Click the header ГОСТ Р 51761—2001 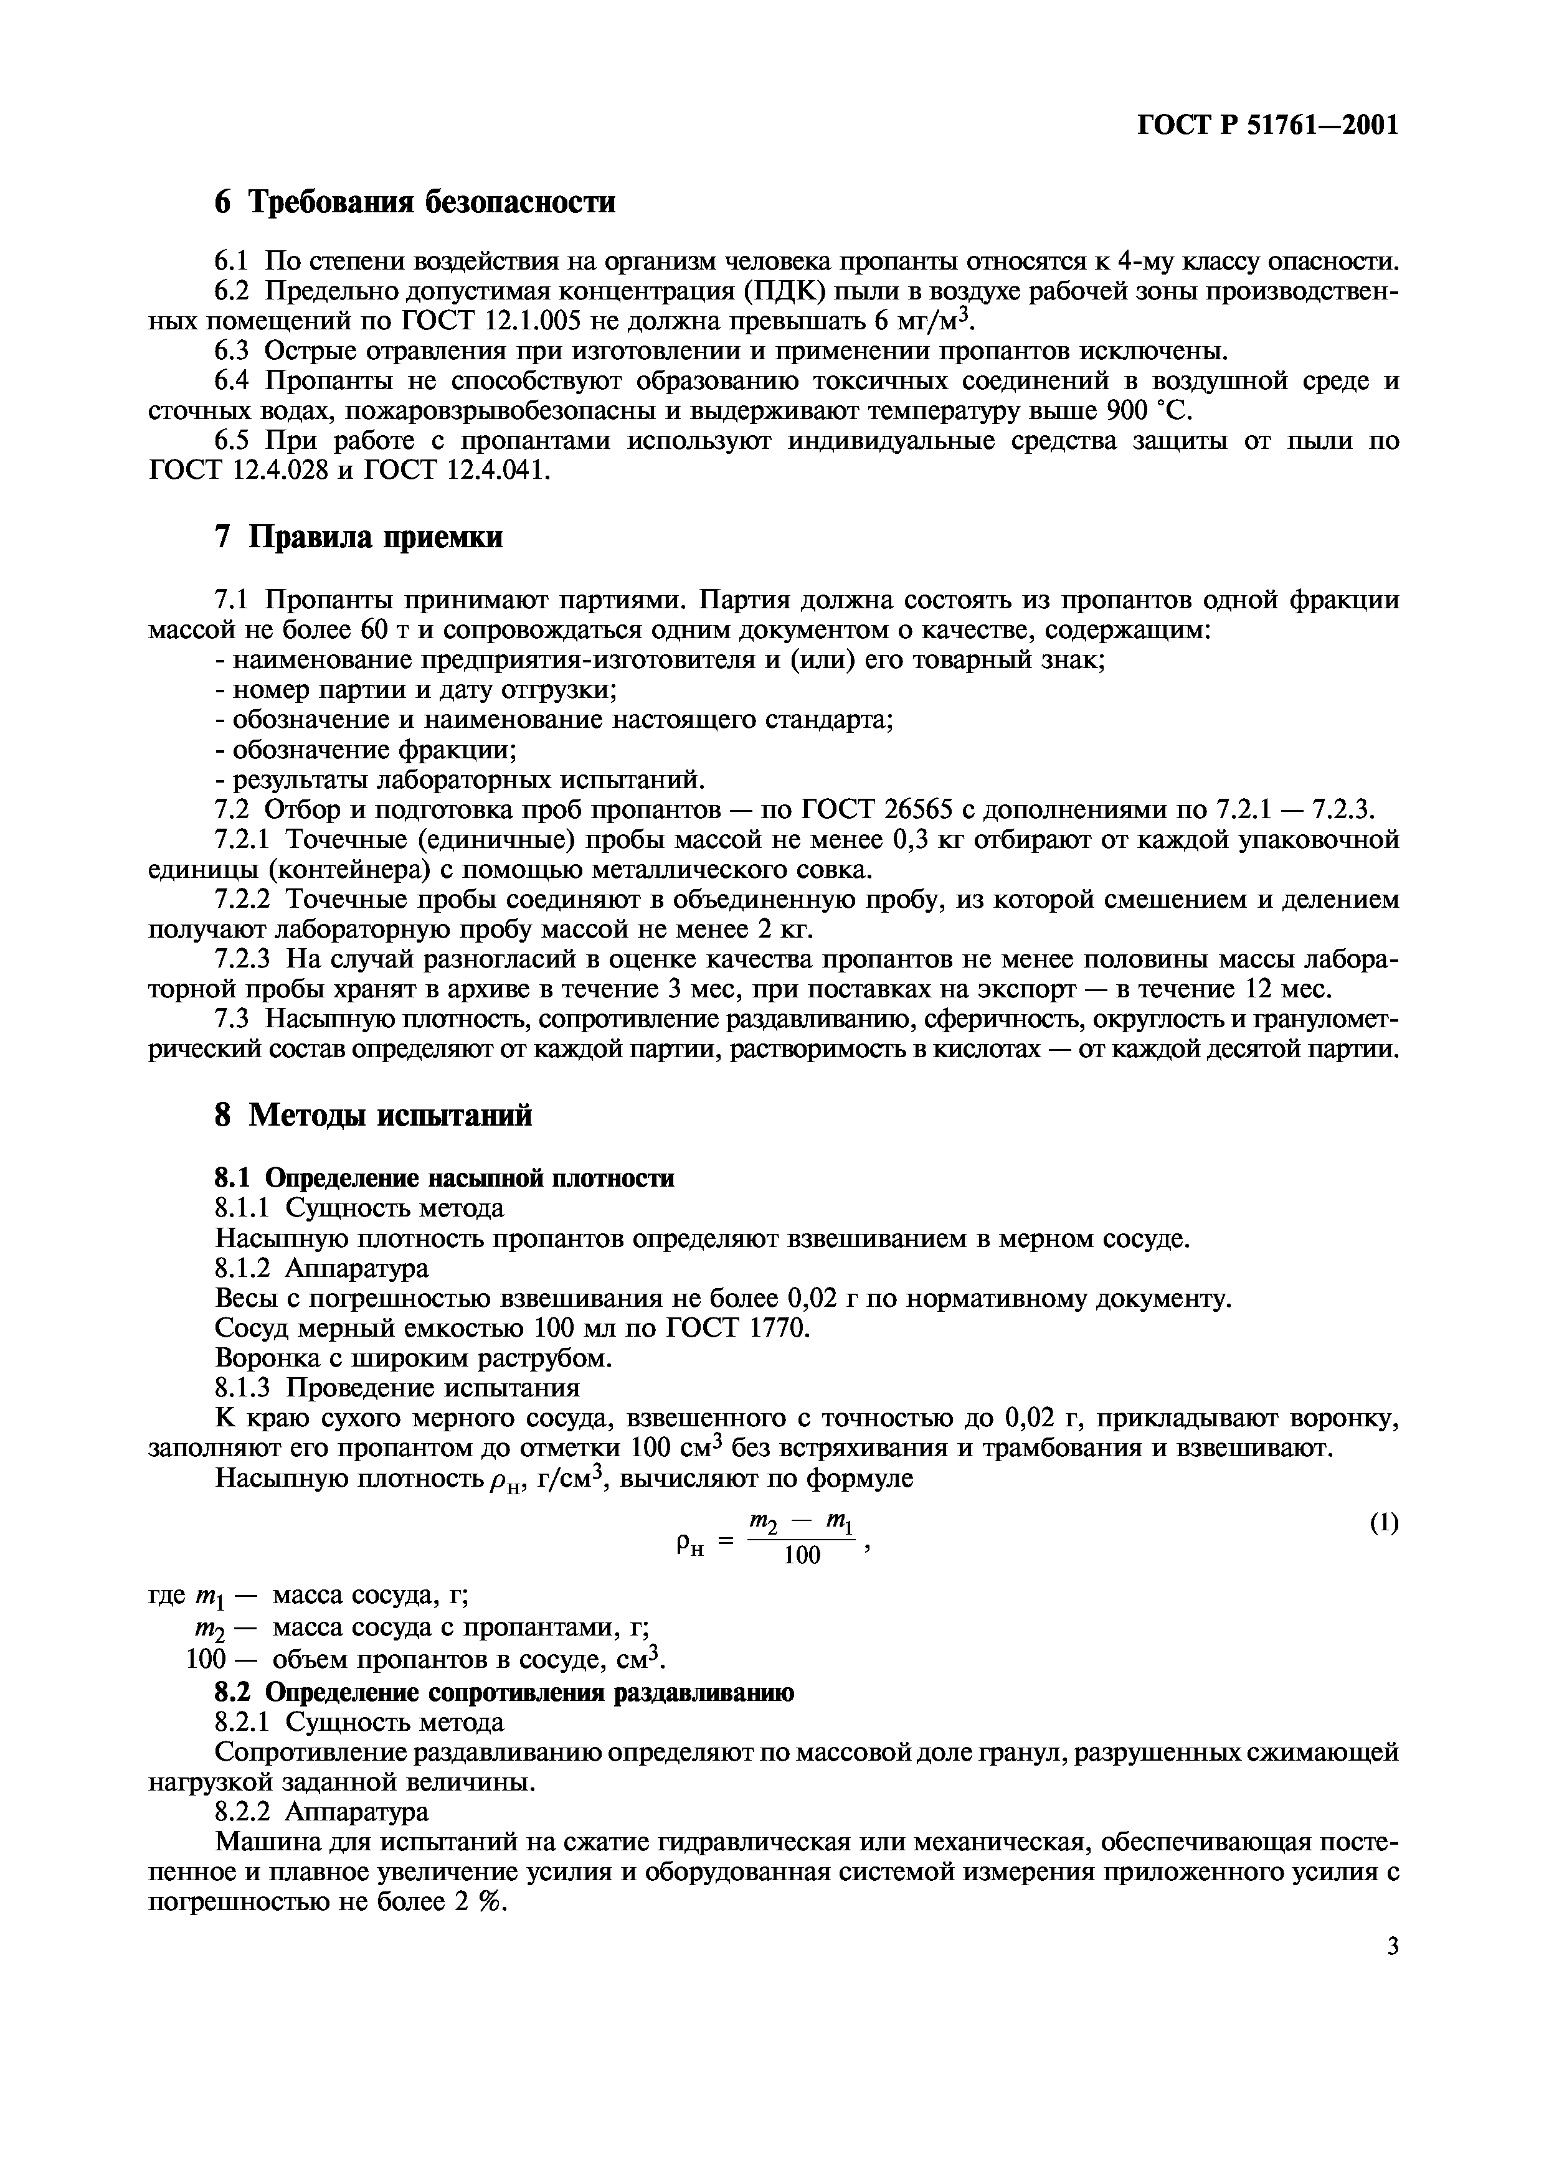pos(1268,125)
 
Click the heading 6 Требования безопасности pos(415,202)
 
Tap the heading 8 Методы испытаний pos(373,1115)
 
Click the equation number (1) pos(1384,1523)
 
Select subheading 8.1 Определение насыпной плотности pos(444,1178)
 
